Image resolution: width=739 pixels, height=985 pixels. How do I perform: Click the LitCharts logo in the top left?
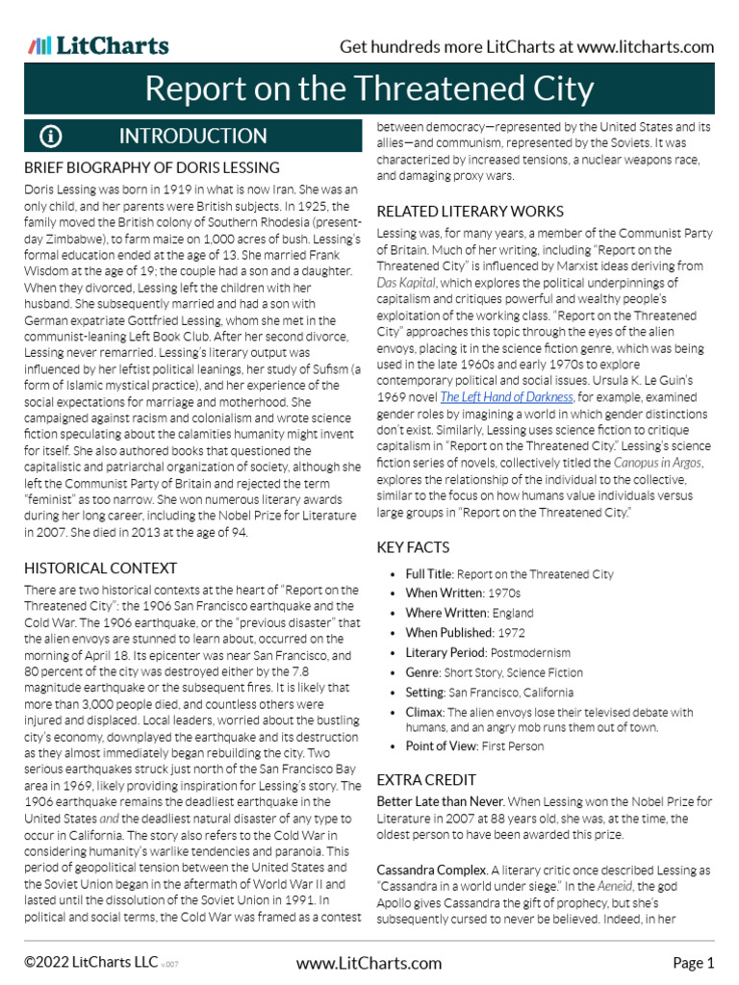pos(98,45)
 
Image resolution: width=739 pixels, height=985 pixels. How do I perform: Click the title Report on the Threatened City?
pos(369,89)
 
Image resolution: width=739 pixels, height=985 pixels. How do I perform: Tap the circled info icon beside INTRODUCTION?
pos(50,137)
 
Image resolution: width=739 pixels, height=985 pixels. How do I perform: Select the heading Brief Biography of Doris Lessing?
pos(152,168)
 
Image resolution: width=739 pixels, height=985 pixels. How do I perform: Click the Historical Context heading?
pos(100,568)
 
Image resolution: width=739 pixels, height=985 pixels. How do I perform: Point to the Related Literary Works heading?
pos(470,211)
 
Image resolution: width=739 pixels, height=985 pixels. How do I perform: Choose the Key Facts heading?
pos(413,547)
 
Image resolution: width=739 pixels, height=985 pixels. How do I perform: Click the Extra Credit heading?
pos(425,779)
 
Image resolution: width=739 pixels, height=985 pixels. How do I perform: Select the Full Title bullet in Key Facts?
pos(509,574)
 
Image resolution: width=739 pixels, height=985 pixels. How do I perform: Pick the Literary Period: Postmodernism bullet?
pos(488,651)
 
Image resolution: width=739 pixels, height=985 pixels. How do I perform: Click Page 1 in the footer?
pos(693,963)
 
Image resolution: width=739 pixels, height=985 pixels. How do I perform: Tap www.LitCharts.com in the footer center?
pos(369,963)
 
